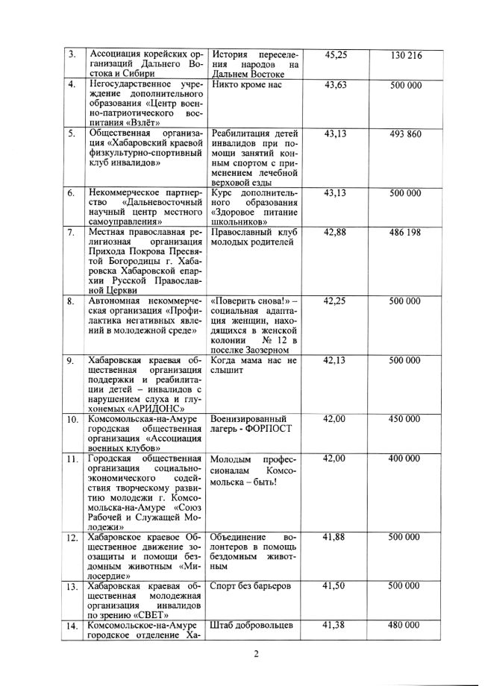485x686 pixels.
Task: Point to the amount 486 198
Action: coord(406,233)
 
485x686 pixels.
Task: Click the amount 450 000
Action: coord(406,419)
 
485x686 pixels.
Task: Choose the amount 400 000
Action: coord(406,458)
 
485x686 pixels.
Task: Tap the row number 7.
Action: coord(71,233)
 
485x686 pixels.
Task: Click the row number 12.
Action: coord(72,538)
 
